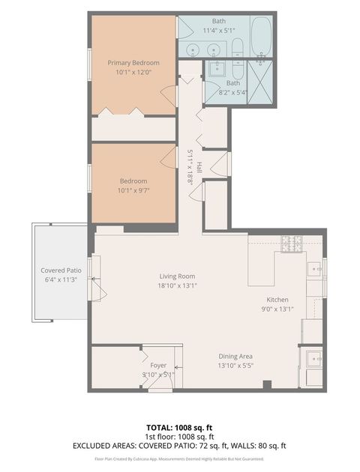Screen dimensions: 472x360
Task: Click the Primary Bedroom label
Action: coord(133,62)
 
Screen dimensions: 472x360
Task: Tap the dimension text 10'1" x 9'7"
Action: coord(133,190)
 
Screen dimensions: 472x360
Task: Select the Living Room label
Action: coord(176,275)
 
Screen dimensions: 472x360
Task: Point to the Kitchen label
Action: coord(277,299)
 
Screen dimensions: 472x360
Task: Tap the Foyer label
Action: coord(158,366)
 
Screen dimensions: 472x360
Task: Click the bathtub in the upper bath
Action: coord(261,35)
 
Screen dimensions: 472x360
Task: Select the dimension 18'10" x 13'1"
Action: coord(176,285)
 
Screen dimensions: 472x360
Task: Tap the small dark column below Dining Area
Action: coord(266,385)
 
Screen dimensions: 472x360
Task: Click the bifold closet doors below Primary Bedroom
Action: coord(123,112)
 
